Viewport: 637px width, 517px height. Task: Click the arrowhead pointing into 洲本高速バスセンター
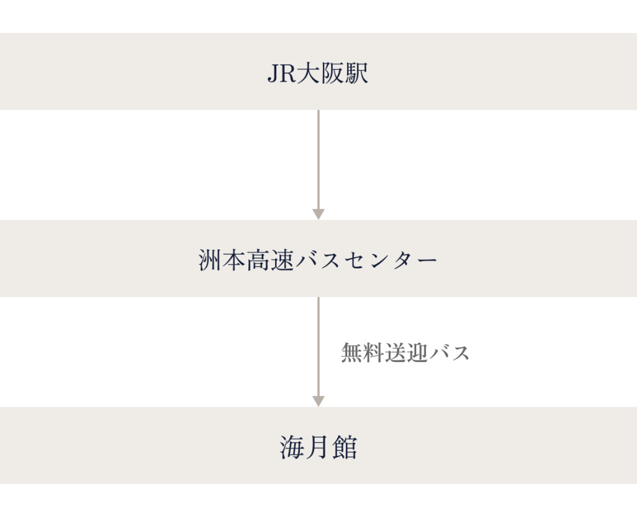coord(318,214)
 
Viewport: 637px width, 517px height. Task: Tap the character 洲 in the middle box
coord(211,260)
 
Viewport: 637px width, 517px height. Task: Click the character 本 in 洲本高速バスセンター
coord(236,260)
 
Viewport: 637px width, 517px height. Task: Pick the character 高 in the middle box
coord(262,260)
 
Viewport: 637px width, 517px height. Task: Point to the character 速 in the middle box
coord(287,260)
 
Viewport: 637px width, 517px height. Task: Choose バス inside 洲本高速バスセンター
coord(325,260)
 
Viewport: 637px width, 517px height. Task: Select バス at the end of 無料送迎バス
coord(449,353)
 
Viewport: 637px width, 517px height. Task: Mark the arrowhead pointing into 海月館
coord(318,401)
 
